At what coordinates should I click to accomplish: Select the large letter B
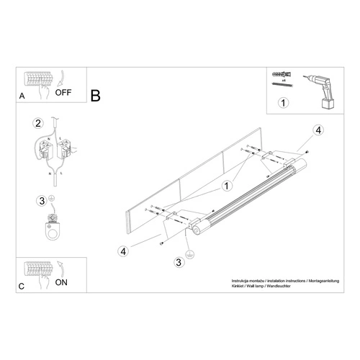[96, 96]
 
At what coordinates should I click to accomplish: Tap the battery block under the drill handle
[330, 104]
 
